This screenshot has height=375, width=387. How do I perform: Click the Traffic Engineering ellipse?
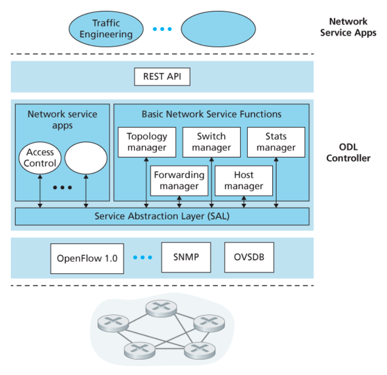click(x=106, y=29)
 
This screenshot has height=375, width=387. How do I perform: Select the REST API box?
click(x=162, y=76)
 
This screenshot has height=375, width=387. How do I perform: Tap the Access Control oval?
click(x=40, y=158)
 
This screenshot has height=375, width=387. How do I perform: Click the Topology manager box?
click(x=147, y=142)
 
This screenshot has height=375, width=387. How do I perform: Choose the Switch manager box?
click(x=211, y=142)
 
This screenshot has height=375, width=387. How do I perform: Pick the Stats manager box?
click(x=276, y=142)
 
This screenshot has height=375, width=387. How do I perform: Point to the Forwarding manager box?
click(x=179, y=181)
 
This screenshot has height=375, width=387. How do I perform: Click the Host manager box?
click(x=244, y=181)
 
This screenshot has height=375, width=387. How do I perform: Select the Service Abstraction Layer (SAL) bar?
click(x=162, y=216)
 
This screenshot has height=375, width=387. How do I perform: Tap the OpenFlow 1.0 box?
click(x=87, y=258)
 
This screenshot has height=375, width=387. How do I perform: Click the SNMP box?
click(x=186, y=257)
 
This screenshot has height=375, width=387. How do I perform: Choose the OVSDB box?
click(x=249, y=257)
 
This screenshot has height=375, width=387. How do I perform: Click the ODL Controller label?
click(x=348, y=153)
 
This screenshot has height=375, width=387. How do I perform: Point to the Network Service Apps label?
click(x=348, y=27)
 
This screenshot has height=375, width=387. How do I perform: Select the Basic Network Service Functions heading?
click(x=211, y=114)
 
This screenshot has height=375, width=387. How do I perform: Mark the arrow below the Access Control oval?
click(x=40, y=189)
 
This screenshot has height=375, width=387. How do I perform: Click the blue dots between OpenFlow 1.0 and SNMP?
click(x=143, y=257)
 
